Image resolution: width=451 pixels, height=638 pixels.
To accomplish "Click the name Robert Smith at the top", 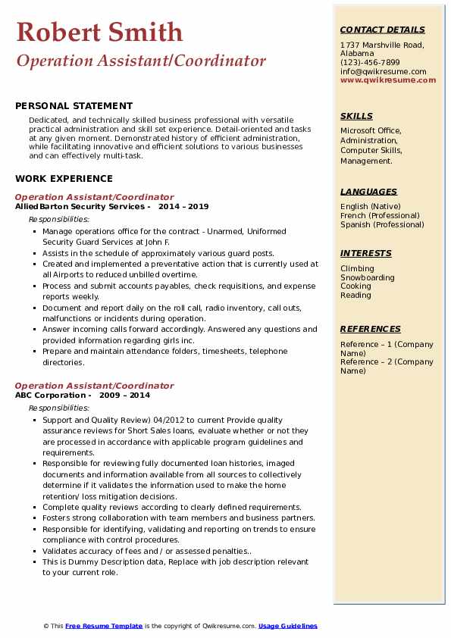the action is (x=99, y=32).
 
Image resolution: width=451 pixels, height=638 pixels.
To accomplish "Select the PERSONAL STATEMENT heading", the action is (x=74, y=106).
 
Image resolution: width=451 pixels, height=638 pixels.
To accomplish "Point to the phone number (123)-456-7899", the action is (x=370, y=63).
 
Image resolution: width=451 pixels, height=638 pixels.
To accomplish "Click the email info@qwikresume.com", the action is (x=383, y=72).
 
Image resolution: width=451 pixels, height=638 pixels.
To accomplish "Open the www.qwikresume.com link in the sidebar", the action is (x=383, y=80).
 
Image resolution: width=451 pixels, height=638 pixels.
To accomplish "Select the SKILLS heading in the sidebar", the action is (x=356, y=116).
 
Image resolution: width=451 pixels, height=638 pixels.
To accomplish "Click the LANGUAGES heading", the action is (x=368, y=192).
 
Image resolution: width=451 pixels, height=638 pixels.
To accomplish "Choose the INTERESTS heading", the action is (x=366, y=253).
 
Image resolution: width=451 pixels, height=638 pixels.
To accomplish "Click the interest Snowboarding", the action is (x=368, y=277).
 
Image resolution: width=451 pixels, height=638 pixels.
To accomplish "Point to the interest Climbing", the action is (x=357, y=268).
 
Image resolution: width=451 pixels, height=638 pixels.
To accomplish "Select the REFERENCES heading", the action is (x=371, y=329).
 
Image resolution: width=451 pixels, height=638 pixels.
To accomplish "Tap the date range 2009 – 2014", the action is (x=124, y=395).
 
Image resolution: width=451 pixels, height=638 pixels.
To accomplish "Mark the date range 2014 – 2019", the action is (x=183, y=206).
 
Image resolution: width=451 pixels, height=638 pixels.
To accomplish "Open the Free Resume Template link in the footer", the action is (x=104, y=626).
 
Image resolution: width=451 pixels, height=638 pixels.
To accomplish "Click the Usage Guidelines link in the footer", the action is (x=288, y=626).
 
